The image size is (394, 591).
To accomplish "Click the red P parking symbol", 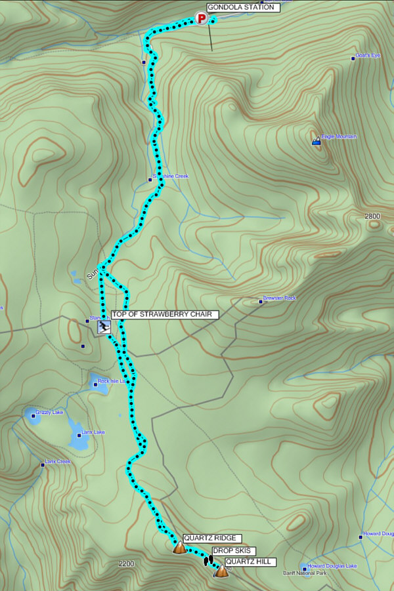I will coord(202,19).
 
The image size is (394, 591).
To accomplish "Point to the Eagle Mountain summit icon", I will coord(317,140).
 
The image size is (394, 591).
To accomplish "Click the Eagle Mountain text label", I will coord(339,136).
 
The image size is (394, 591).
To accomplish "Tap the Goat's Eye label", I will coord(367,55).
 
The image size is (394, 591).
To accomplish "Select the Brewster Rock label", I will coord(280,298).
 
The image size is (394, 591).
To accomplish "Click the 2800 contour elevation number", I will coord(372,216).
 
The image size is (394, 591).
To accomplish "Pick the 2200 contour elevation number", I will coord(126,563).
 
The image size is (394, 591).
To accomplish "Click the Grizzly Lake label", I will coord(49,412).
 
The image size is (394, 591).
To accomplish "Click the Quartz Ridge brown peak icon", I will coord(179,547).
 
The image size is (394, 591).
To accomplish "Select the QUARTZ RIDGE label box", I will coord(209,538).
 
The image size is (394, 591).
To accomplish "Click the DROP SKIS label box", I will coord(233,551).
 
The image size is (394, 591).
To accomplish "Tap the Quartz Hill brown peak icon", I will coord(222,571).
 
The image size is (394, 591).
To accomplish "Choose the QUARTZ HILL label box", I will coord(250,561).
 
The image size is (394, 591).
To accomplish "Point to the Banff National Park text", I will coord(304,573).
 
